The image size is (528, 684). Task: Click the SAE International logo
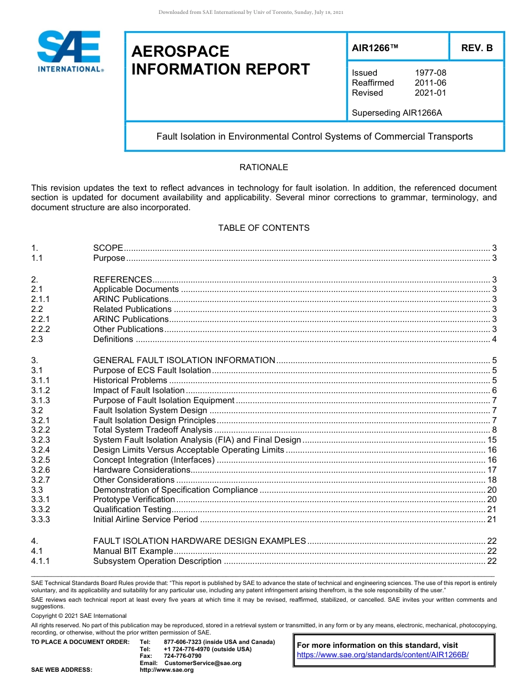69,51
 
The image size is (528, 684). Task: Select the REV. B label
477,48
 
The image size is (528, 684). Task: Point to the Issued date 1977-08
430,73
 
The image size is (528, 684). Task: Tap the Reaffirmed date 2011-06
430,83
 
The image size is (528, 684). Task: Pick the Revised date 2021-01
430,93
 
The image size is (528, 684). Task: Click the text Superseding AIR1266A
397,113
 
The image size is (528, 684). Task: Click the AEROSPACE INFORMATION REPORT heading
220,61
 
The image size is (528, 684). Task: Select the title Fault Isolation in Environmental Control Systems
314,136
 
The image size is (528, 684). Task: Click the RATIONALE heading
263,167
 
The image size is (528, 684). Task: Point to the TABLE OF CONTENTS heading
263,228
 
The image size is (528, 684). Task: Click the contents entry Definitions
113,339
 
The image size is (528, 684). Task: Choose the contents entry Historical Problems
130,380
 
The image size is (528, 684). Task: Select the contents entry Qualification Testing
132,509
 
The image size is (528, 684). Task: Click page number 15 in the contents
491,440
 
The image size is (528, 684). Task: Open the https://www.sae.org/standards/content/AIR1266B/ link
382,655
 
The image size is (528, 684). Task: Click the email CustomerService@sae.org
202,663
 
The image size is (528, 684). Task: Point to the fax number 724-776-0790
182,656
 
